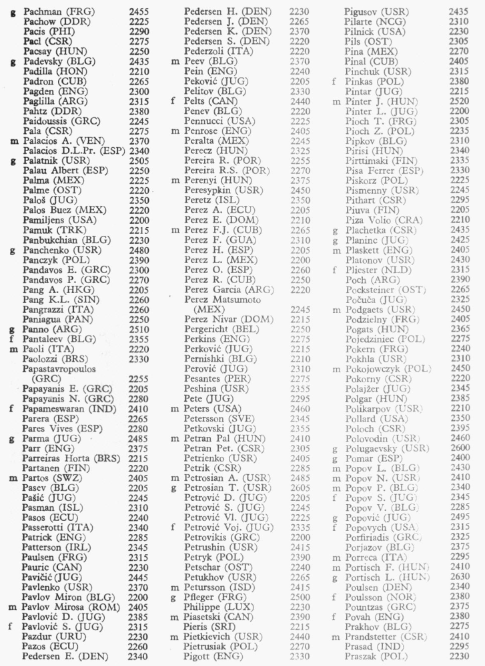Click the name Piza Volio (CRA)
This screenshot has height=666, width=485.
coord(382,218)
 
